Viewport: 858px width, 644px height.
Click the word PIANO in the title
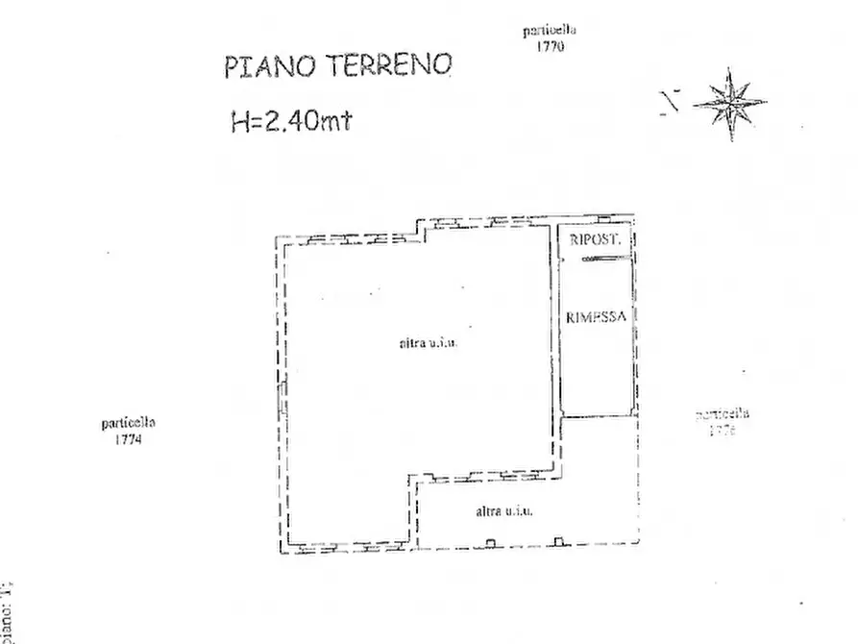pyautogui.click(x=263, y=66)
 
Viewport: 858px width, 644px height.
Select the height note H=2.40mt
pyautogui.click(x=284, y=120)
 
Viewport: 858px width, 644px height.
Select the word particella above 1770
pyautogui.click(x=549, y=31)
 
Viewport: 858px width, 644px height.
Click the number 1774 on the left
pyautogui.click(x=128, y=439)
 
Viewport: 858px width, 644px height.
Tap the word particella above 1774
pyautogui.click(x=128, y=423)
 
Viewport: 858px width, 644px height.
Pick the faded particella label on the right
pyautogui.click(x=723, y=415)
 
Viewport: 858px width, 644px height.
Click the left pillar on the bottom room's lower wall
pyautogui.click(x=491, y=542)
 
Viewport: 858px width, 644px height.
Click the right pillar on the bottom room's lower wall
pyautogui.click(x=557, y=542)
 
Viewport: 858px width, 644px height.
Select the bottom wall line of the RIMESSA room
pyautogui.click(x=597, y=416)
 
